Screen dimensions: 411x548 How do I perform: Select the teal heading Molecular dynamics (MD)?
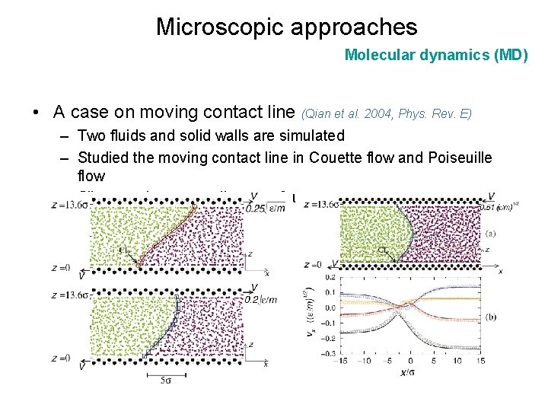coord(435,55)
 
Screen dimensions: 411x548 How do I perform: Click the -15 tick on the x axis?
coord(343,362)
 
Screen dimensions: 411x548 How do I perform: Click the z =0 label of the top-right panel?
coord(312,264)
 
